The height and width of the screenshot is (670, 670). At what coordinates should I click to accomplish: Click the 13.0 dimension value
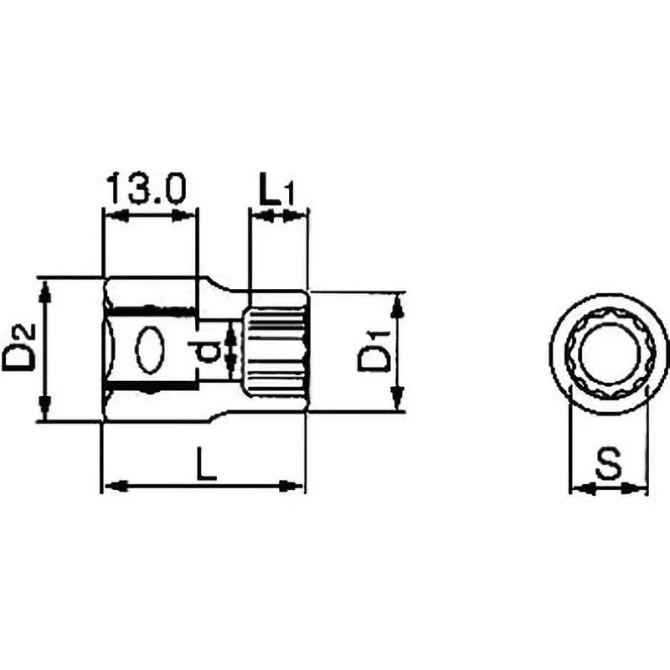[x=145, y=190]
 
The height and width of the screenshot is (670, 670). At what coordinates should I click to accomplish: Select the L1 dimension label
[x=276, y=192]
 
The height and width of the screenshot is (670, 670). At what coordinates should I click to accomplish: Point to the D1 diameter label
[x=373, y=352]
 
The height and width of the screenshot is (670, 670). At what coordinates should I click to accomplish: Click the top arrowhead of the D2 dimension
[x=46, y=289]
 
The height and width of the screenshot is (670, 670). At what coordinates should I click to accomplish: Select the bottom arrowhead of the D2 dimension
[x=46, y=412]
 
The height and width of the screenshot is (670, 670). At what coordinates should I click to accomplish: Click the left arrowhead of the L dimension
[x=114, y=486]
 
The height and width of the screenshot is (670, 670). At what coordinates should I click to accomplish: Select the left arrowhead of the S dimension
[x=579, y=487]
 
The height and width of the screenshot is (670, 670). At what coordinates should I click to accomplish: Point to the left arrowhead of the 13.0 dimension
[x=114, y=216]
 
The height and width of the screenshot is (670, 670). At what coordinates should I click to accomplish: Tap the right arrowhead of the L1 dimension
[x=297, y=216]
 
